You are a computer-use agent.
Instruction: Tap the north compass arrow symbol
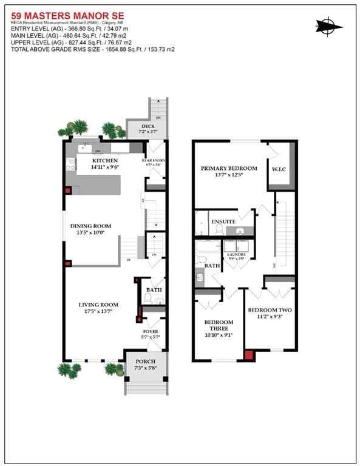tap(327, 25)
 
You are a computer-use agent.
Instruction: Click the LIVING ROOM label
tap(98, 304)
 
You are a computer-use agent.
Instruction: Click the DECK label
tap(140, 126)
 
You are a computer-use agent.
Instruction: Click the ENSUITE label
tap(223, 222)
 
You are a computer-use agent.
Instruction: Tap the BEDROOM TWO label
tap(270, 310)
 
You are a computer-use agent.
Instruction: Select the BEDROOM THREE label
tap(219, 326)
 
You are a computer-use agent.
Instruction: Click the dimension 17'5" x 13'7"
tap(98, 311)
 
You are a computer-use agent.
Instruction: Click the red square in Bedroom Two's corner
tap(248, 356)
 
